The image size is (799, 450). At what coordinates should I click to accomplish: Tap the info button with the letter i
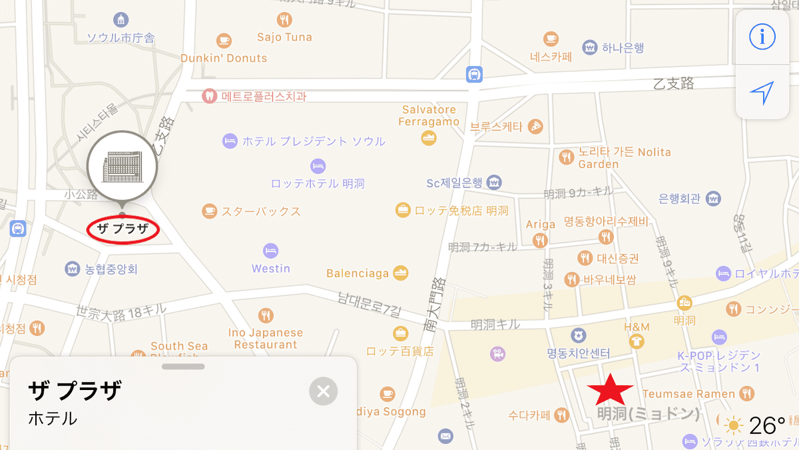[x=762, y=37]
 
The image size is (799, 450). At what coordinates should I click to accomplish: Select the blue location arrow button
[x=762, y=93]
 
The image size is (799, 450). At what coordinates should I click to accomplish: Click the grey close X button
[x=324, y=391]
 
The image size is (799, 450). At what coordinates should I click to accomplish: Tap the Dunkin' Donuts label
[x=224, y=58]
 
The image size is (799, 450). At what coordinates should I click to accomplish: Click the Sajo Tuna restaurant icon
[x=285, y=19]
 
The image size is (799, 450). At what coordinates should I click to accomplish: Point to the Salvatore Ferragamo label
[x=429, y=115]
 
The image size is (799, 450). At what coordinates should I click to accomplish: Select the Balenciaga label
[x=358, y=273]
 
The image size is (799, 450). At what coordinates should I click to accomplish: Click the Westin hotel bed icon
[x=270, y=251]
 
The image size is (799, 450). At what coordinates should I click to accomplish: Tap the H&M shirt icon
[x=637, y=341]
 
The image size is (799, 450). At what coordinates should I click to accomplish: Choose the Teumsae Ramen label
[x=688, y=394]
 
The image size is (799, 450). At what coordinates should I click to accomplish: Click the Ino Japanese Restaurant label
[x=266, y=339]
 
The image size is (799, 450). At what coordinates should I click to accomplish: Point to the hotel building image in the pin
[x=122, y=166]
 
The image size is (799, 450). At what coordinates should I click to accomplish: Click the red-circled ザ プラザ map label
[x=124, y=229]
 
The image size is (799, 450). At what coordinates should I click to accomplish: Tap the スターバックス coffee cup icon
[x=210, y=211]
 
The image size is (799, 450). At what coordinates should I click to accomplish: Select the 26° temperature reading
[x=767, y=425]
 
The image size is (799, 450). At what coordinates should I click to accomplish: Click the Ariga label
[x=540, y=225]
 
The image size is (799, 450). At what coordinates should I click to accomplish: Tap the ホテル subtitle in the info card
[x=53, y=419]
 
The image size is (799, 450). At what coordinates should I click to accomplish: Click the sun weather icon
[x=734, y=425]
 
